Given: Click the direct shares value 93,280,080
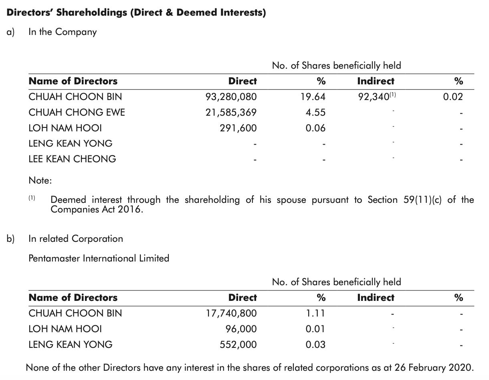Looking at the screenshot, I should [x=230, y=97].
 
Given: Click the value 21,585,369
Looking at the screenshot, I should [x=230, y=112].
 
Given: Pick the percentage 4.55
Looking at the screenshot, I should [x=315, y=112].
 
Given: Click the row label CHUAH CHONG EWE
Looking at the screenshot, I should [x=77, y=112].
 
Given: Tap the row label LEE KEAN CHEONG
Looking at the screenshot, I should [x=72, y=159].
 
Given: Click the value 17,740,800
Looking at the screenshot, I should [x=230, y=313].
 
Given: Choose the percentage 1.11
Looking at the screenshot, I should [x=315, y=313].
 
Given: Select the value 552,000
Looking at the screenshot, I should [x=238, y=345].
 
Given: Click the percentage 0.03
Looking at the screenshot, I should [x=315, y=345].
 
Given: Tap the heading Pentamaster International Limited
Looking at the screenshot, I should [x=99, y=258].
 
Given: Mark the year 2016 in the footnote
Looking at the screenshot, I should [x=130, y=210].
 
